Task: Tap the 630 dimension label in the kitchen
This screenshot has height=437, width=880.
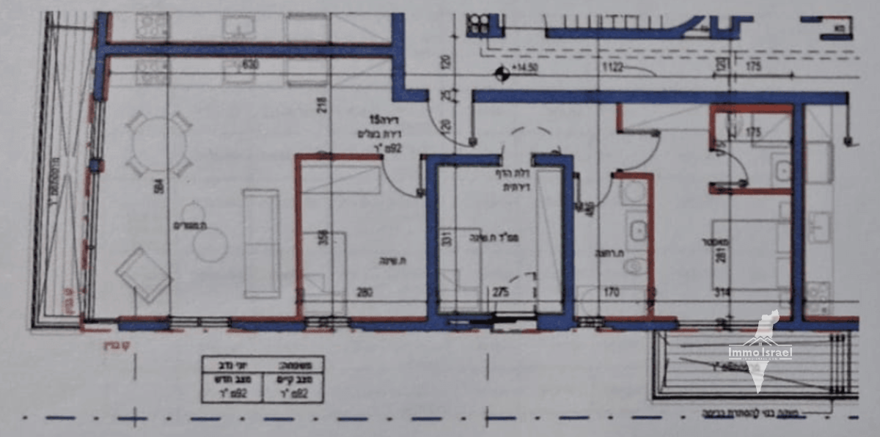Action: coord(251,65)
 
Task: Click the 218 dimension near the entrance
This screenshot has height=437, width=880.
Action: coord(320,107)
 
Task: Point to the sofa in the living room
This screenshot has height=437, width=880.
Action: coord(261,243)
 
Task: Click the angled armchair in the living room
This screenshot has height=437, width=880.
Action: coord(143,274)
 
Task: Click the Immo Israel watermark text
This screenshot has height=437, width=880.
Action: coord(760,353)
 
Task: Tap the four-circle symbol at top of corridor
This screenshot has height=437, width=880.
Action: coord(478,24)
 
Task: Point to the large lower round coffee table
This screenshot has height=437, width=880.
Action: coord(210,244)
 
